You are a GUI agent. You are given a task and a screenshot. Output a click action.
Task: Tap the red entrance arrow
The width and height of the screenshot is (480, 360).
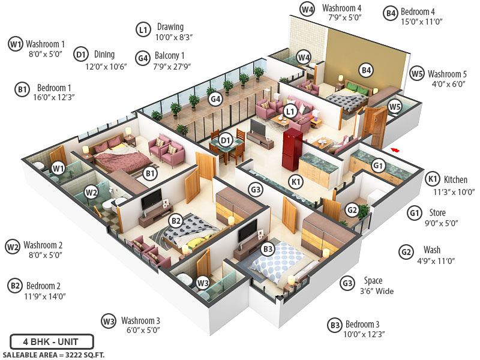394,149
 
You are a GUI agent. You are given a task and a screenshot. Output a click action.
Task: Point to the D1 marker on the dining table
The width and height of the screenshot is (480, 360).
226,140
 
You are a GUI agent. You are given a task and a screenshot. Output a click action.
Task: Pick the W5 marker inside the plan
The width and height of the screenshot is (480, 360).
394,107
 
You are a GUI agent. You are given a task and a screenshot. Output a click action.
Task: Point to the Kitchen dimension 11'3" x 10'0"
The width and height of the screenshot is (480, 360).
451,193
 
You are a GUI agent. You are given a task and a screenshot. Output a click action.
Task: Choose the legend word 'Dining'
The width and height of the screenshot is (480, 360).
104,55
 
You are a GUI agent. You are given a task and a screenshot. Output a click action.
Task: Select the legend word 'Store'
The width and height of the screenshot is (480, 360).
439,212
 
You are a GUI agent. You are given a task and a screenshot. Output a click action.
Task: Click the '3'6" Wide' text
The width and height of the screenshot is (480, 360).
377,292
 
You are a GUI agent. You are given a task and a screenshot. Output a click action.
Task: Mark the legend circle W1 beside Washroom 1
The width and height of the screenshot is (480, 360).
16,44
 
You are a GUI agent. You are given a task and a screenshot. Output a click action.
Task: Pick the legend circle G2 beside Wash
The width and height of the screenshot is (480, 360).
407,251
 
